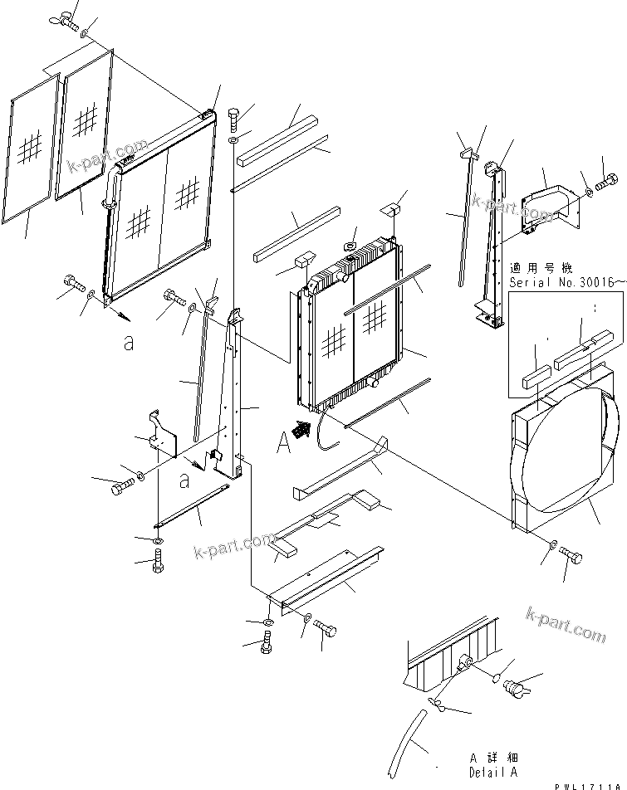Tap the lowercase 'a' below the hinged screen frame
pyautogui.click(x=128, y=343)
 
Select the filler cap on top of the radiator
pyautogui.click(x=351, y=245)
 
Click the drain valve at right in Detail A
pyautogui.click(x=518, y=685)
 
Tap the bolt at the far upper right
pyautogui.click(x=608, y=178)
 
